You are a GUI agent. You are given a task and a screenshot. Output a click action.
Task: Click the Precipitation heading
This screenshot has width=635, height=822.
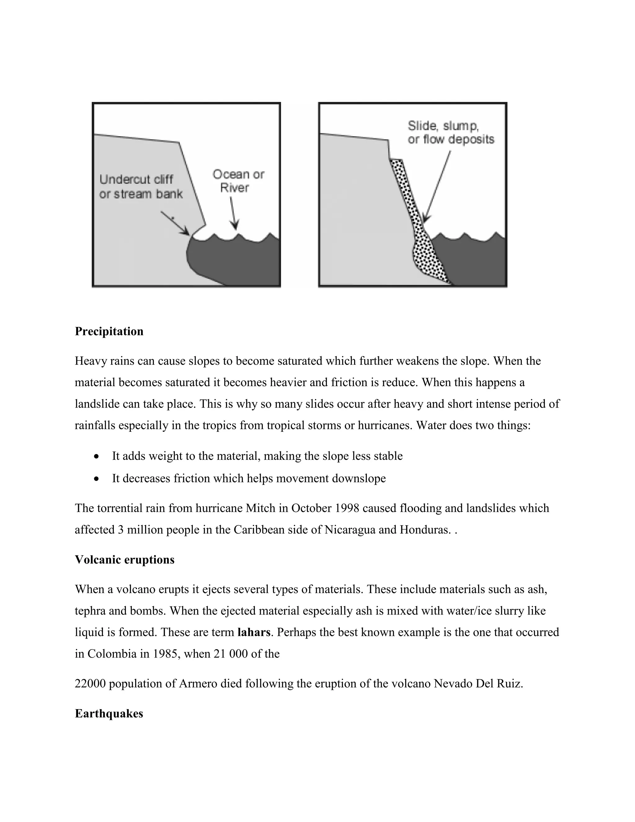coord(109,331)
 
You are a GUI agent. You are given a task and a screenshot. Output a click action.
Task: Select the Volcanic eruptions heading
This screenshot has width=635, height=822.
coord(125,560)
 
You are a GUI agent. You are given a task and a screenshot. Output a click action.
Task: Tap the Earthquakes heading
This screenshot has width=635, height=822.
coord(109,714)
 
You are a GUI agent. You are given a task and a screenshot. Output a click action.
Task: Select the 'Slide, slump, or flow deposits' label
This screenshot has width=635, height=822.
coord(450,132)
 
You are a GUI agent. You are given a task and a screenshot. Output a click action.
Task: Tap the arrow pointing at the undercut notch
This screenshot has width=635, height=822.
coord(175,223)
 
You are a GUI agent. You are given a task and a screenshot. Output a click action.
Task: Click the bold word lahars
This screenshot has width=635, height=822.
coord(254,632)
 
